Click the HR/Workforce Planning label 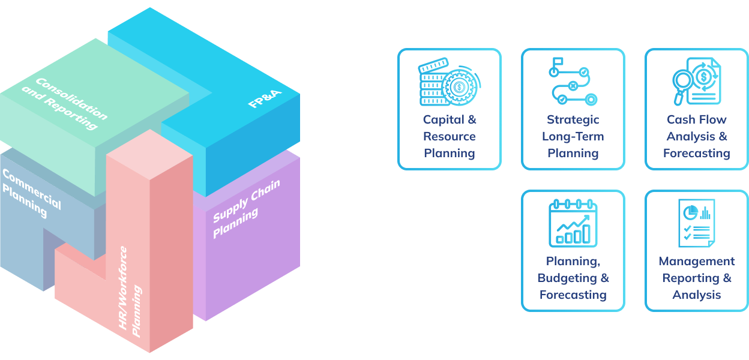coord(130,291)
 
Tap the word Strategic coord(573,119)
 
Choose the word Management coord(696,261)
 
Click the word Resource coord(449,136)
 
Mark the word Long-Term coord(573,136)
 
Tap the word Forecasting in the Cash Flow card coord(696,153)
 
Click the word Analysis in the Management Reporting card coord(696,295)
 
